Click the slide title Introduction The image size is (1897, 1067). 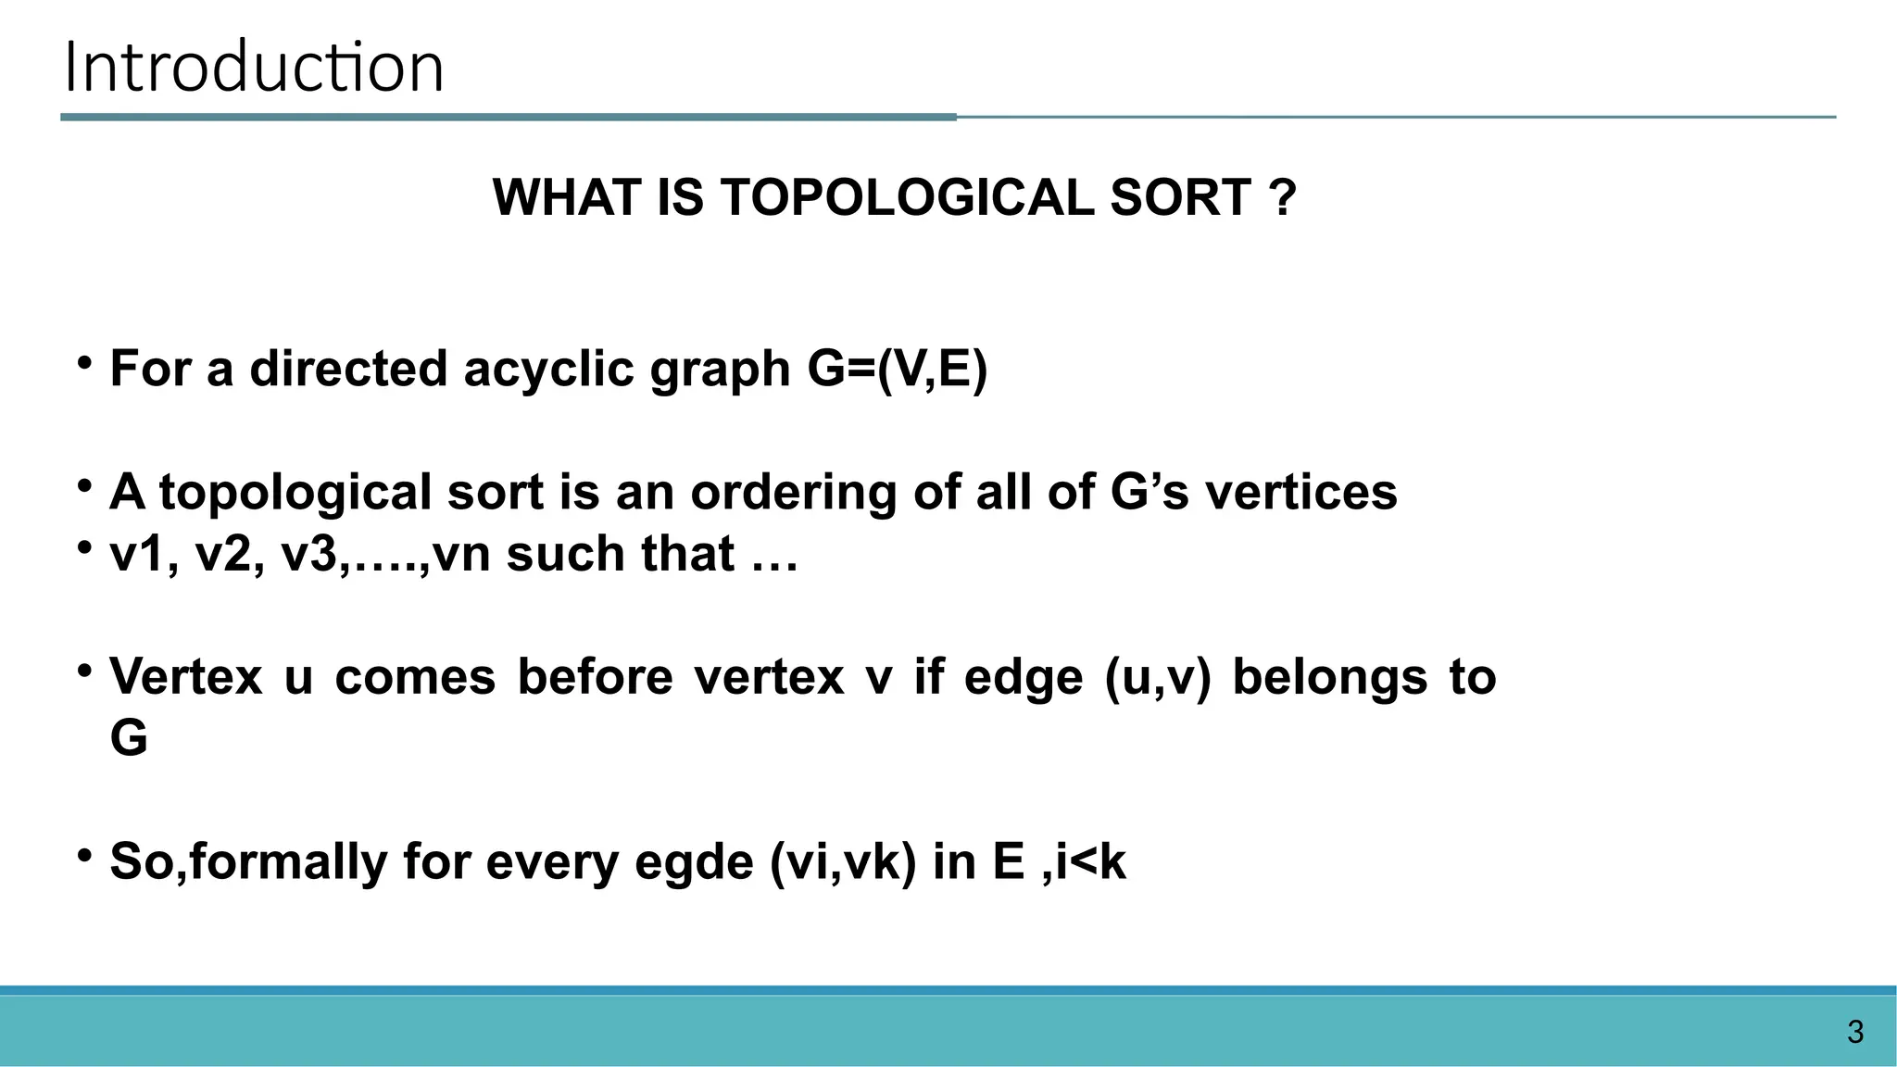coord(254,68)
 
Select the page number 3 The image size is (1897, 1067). coord(1854,1032)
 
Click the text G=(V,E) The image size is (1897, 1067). coord(897,369)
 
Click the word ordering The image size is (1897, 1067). coord(793,492)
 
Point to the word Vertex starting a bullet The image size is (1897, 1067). coord(185,676)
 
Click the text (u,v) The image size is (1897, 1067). coord(1157,676)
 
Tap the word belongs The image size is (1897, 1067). coord(1329,676)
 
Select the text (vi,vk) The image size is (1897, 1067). coord(842,862)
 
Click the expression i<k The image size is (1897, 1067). coord(1089,862)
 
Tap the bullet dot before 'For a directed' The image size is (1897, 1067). coord(84,363)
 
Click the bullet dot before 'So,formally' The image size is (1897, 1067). coord(84,856)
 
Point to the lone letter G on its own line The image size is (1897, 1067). coord(129,738)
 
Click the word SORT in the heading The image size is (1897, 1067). coord(1180,197)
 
